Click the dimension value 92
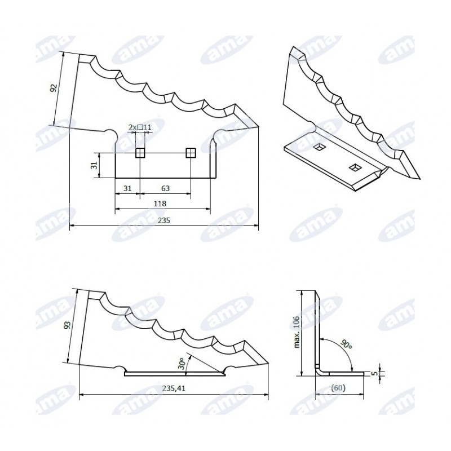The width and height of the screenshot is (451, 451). click(54, 88)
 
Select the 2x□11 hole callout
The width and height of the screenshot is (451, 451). click(140, 127)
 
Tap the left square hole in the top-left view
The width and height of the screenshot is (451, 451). click(140, 153)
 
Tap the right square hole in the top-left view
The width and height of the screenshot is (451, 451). click(191, 153)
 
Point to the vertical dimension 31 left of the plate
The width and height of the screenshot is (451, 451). click(95, 165)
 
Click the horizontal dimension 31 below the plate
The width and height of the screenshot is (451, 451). click(127, 188)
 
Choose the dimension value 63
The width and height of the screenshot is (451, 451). click(165, 188)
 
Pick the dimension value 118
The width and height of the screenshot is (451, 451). click(160, 204)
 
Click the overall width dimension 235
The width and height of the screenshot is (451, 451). click(164, 220)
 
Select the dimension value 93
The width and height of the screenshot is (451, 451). click(67, 325)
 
